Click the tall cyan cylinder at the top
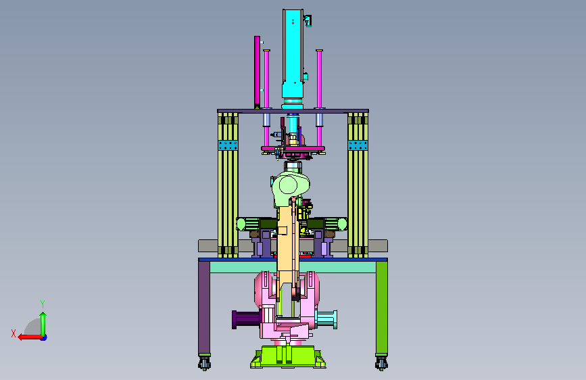[x=293, y=56]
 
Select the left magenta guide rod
[x=266, y=98]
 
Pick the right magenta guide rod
[x=319, y=98]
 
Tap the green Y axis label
[x=43, y=304]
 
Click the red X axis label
[x=14, y=333]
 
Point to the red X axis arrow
[x=30, y=337]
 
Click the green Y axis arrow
[x=43, y=325]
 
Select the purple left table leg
[x=204, y=307]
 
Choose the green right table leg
[x=382, y=307]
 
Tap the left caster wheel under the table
[x=204, y=363]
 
